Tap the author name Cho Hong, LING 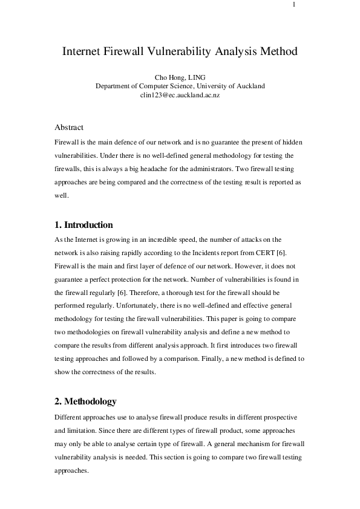[x=180, y=77]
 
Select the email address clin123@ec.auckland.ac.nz [x=180, y=96]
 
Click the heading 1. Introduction [x=83, y=225]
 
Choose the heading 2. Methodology [x=85, y=402]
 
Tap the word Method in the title [x=278, y=51]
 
